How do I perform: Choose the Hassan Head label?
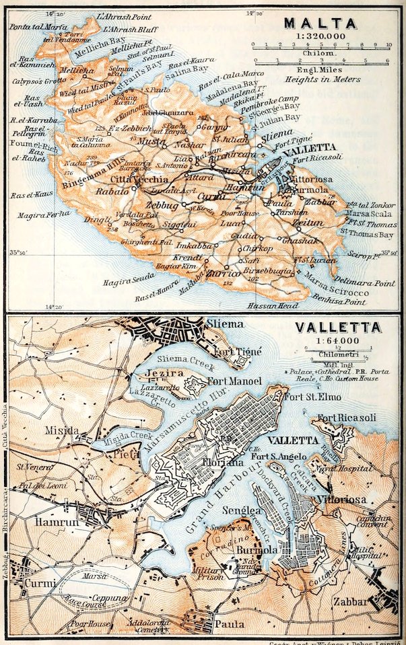(286, 305)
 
